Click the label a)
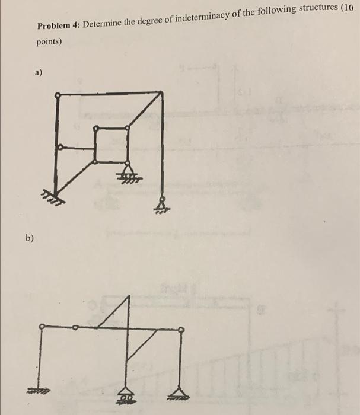[x=38, y=73]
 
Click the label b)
[x=30, y=238]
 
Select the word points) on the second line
[x=49, y=42]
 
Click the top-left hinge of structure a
[x=58, y=94]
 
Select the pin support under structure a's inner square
[x=126, y=171]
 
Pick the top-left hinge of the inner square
[x=95, y=127]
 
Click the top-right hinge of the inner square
[x=128, y=126]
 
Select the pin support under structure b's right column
[x=180, y=389]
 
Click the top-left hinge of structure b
[x=41, y=326]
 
